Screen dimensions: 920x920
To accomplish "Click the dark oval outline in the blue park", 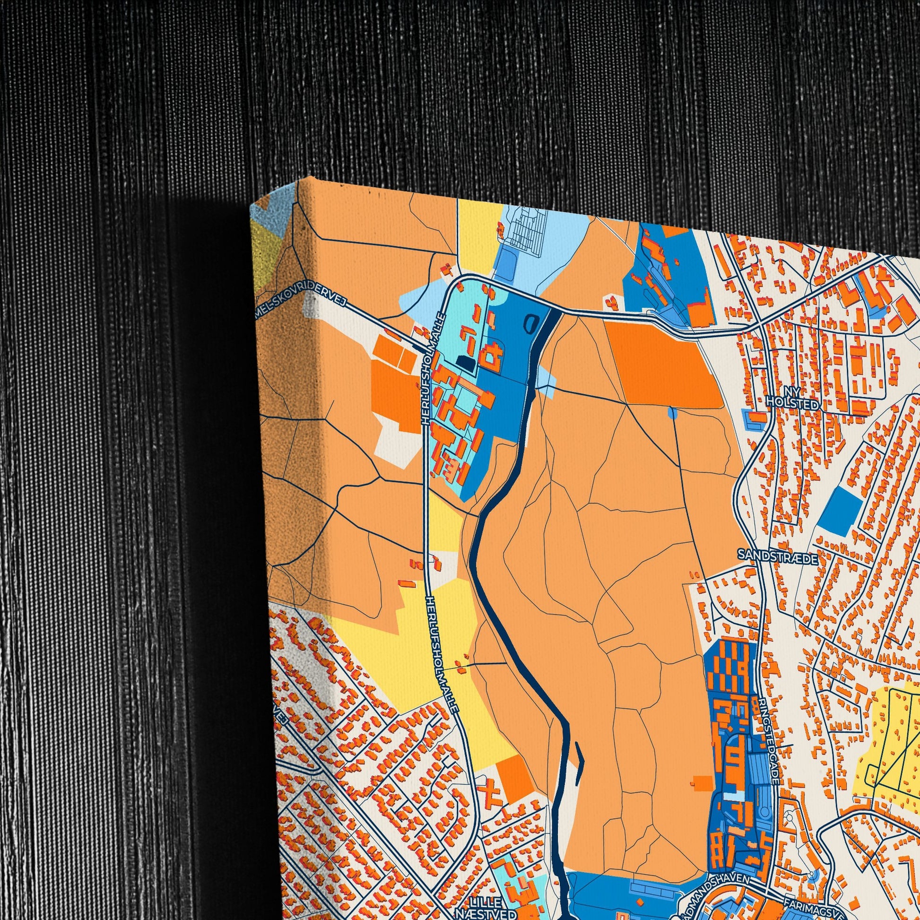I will [530, 324].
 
